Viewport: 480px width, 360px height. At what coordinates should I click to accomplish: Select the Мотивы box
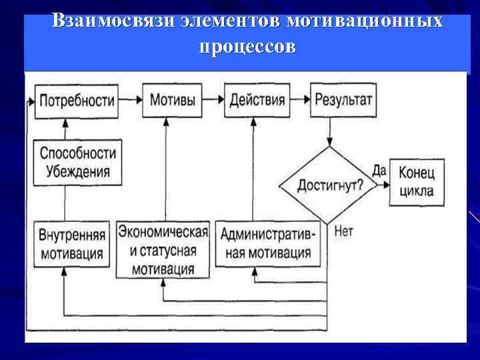pos(172,101)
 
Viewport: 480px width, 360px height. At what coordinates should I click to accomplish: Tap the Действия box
pos(257,101)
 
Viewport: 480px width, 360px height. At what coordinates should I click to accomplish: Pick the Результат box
pos(342,101)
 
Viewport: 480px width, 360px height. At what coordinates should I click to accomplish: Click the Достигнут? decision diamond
pos(329,185)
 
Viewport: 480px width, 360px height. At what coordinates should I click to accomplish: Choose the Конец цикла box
pos(417,181)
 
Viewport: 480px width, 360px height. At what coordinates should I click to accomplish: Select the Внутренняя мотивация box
pos(72,244)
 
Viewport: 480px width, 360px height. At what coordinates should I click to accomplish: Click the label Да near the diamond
pos(379,171)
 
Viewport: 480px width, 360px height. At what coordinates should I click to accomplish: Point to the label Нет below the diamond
pos(343,232)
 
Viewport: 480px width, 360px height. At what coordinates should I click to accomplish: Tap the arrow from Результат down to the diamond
pos(329,133)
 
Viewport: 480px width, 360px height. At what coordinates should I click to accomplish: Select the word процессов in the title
pos(245,48)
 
